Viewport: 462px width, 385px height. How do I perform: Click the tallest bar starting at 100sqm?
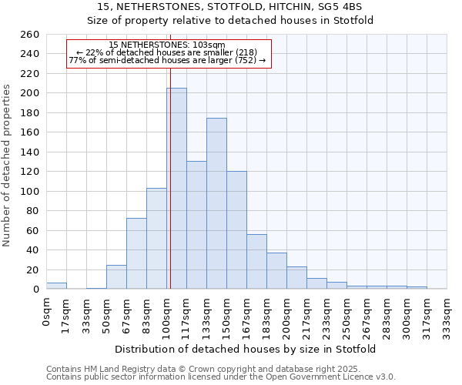[176, 189]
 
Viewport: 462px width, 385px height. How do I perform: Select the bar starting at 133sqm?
[216, 204]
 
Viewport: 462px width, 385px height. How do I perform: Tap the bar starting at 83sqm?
[156, 239]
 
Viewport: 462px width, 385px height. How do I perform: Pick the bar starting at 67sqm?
[136, 253]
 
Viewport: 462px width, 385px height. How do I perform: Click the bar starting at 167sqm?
[256, 262]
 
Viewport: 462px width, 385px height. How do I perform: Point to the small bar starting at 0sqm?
[56, 286]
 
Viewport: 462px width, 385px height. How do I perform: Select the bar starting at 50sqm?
[116, 277]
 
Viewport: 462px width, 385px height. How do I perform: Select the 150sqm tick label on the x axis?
[227, 313]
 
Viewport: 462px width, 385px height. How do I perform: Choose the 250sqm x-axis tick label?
[347, 313]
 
